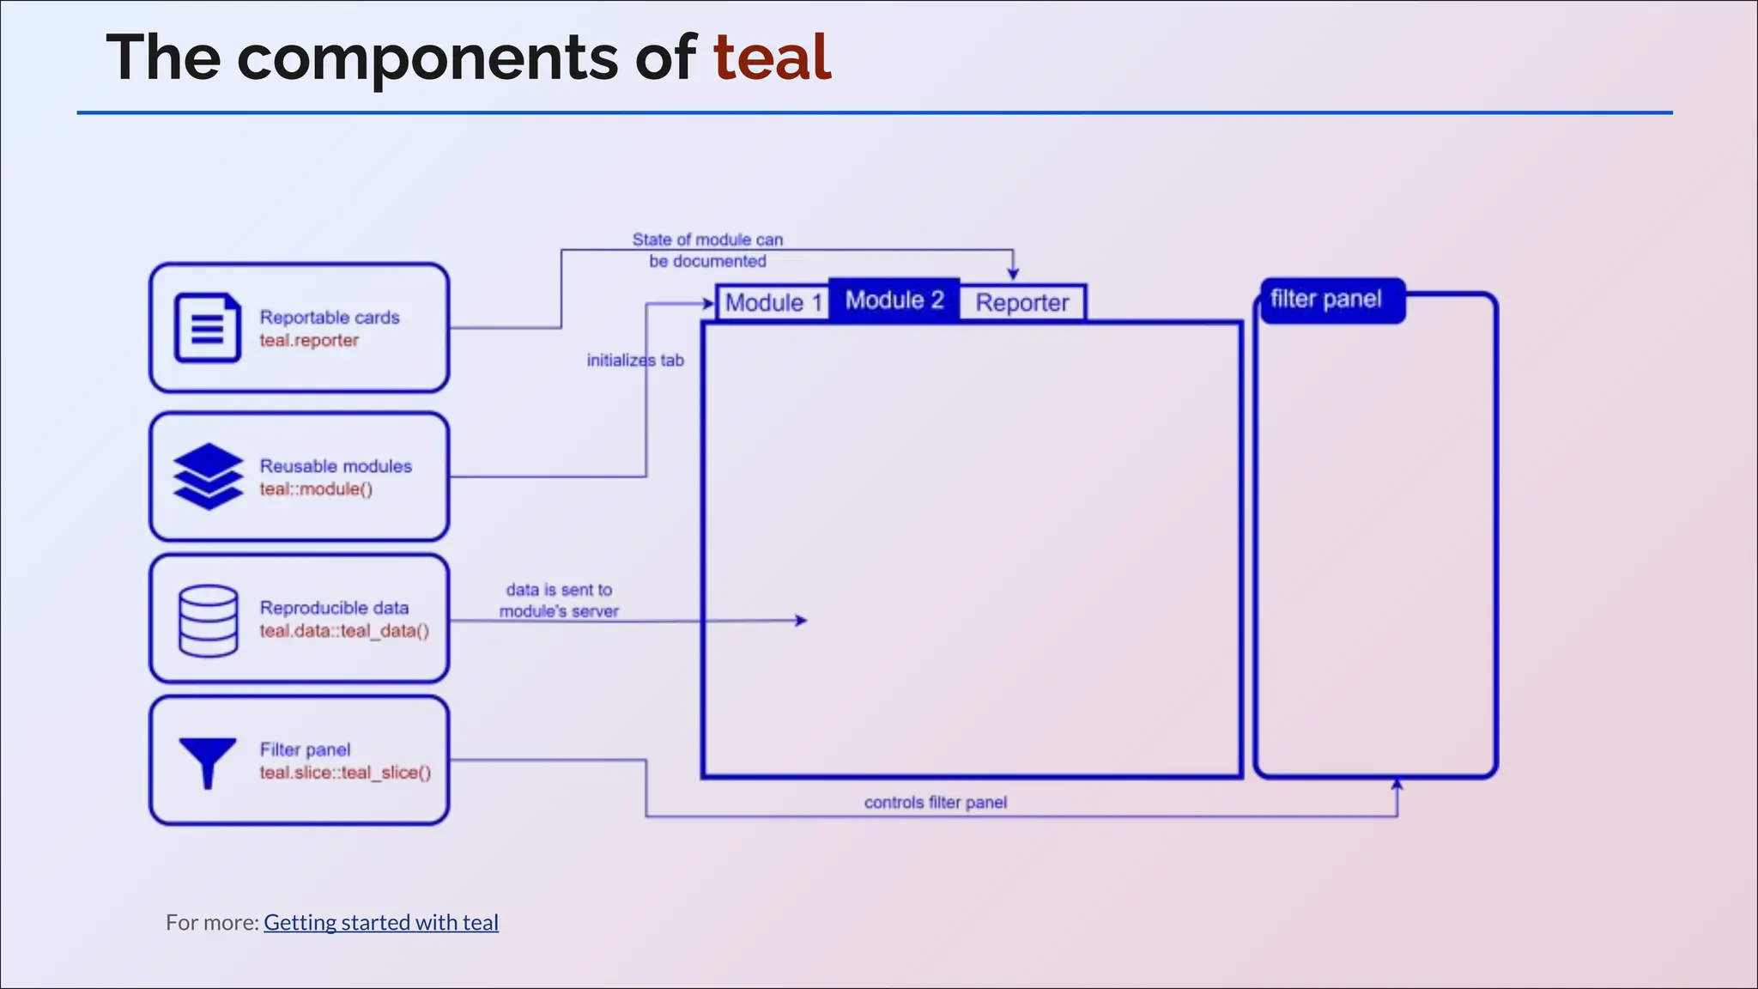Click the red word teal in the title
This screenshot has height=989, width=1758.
[772, 58]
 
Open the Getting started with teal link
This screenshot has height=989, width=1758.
[380, 922]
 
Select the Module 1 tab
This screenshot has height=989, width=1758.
[773, 303]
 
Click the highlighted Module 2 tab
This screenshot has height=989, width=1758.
[894, 300]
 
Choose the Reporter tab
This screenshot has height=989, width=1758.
[1021, 303]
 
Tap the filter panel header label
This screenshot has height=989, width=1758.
[1325, 300]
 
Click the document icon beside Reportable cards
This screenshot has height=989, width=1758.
[208, 328]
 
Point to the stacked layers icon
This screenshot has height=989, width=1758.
[209, 476]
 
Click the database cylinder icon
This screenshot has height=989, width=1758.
[208, 620]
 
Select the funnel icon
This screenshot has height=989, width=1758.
[208, 761]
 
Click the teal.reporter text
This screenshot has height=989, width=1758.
[309, 341]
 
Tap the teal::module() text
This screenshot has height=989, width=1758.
[316, 489]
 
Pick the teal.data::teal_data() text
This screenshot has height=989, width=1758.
[344, 631]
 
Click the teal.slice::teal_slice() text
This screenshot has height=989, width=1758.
[345, 773]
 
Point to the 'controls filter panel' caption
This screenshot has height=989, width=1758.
[935, 803]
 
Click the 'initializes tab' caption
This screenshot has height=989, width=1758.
[635, 361]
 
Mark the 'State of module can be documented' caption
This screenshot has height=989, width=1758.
[707, 250]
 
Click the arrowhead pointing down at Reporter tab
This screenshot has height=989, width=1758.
[1013, 273]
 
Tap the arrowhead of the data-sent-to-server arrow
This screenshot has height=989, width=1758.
[802, 620]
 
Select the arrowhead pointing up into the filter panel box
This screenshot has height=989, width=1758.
[1397, 785]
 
